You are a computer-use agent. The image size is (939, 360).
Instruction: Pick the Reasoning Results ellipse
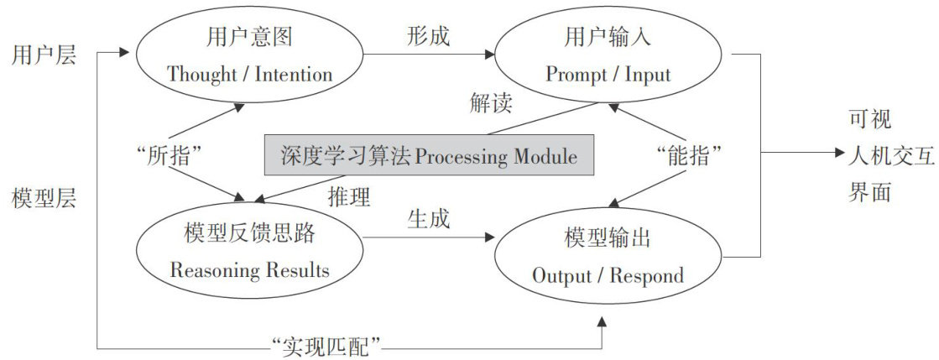coord(249,252)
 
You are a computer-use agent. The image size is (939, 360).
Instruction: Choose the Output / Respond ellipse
coord(608,257)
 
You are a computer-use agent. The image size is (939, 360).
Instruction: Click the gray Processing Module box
coord(430,155)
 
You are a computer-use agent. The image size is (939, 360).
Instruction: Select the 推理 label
coord(349,196)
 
